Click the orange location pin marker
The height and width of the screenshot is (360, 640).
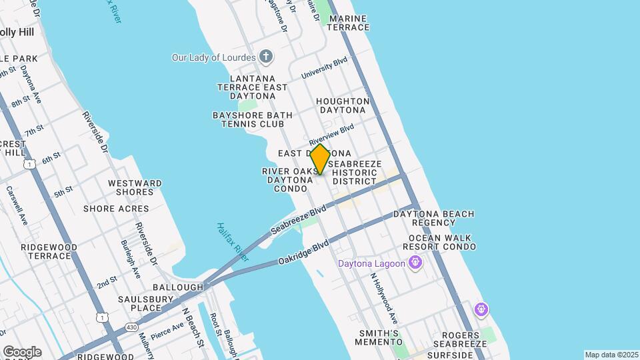click(x=320, y=159)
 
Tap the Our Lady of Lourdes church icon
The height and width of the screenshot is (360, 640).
click(x=266, y=57)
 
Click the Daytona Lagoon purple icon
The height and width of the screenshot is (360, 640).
click(x=416, y=263)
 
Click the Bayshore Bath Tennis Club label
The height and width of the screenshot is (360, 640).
click(x=252, y=119)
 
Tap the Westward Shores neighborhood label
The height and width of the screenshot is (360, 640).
click(x=135, y=187)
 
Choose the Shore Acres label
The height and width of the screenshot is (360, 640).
click(x=116, y=209)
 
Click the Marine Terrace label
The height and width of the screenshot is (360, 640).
click(x=349, y=23)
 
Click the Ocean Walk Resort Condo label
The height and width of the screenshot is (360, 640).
click(x=443, y=242)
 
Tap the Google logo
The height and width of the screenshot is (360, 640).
click(x=22, y=352)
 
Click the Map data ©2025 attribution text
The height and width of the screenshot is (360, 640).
click(x=611, y=355)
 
